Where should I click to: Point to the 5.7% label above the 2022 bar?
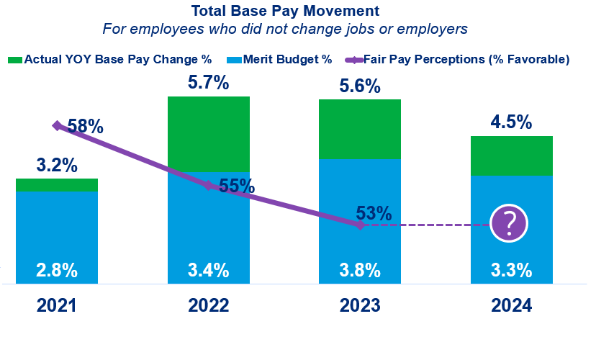pyautogui.click(x=208, y=83)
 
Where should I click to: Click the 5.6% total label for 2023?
pyautogui.click(x=359, y=86)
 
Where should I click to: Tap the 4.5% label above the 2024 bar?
pyautogui.click(x=511, y=122)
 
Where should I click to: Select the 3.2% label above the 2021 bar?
pyautogui.click(x=57, y=165)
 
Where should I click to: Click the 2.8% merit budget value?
pyautogui.click(x=57, y=271)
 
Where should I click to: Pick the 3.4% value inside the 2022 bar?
pyautogui.click(x=208, y=271)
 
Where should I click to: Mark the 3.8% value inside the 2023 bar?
pyautogui.click(x=359, y=271)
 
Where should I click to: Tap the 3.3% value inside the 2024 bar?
pyautogui.click(x=511, y=271)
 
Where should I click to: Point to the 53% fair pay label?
pyautogui.click(x=374, y=213)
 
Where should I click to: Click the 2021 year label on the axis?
pyautogui.click(x=57, y=305)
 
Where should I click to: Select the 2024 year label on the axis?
pyautogui.click(x=511, y=305)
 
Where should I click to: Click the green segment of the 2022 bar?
pyautogui.click(x=208, y=133)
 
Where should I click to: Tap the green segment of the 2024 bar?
pyautogui.click(x=511, y=156)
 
